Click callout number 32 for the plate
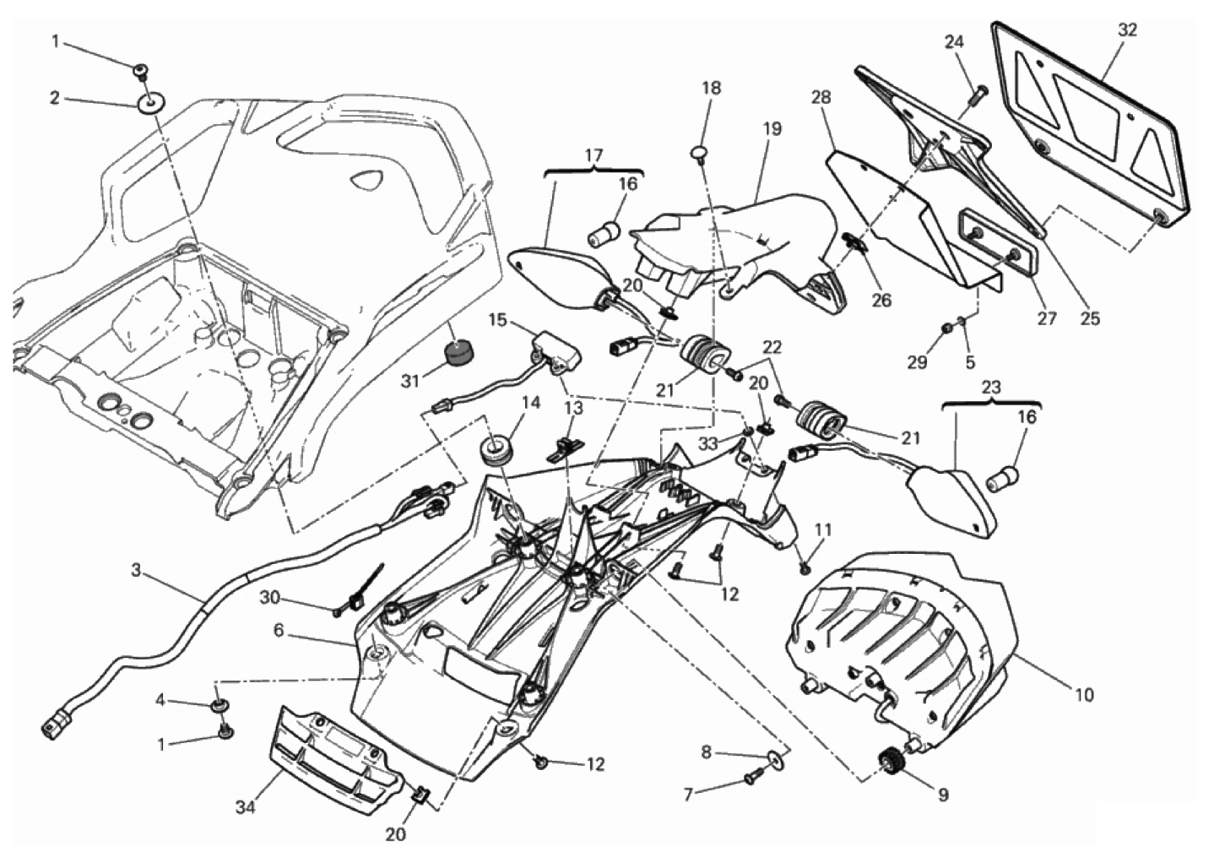[x=1127, y=30]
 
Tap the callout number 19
[x=772, y=129]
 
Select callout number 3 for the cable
[x=136, y=571]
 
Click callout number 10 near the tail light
[x=1083, y=695]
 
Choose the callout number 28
[x=820, y=97]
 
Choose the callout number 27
[x=1047, y=319]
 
